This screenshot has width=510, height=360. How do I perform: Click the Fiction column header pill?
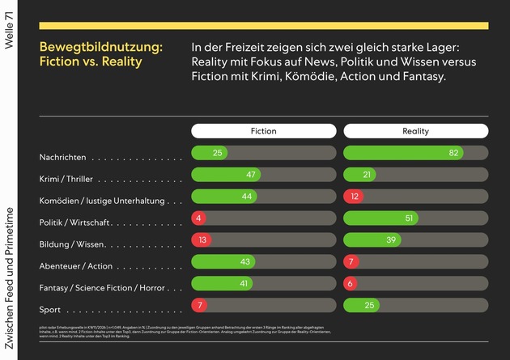click(x=264, y=131)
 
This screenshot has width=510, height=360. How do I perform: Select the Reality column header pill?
click(x=416, y=131)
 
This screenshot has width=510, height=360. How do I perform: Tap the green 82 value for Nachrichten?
click(x=454, y=152)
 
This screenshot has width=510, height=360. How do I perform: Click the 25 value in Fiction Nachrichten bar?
click(x=218, y=152)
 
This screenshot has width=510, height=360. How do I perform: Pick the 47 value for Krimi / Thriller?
click(x=251, y=174)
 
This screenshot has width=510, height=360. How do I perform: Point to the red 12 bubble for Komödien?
click(x=355, y=196)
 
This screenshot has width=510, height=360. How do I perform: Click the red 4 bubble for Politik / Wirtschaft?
click(x=198, y=218)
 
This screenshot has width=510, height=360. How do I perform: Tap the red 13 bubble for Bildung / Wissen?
click(x=203, y=239)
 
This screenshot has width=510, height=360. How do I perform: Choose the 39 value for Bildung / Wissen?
click(x=391, y=239)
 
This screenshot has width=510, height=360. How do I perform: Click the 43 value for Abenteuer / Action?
click(x=245, y=261)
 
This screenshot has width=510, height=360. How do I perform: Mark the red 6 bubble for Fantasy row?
click(x=351, y=283)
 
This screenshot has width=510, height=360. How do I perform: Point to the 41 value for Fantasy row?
click(x=242, y=283)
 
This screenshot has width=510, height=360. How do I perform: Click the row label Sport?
click(x=50, y=309)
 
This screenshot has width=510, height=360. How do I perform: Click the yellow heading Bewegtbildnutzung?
click(x=100, y=47)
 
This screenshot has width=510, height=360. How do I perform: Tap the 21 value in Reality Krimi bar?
click(x=367, y=174)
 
